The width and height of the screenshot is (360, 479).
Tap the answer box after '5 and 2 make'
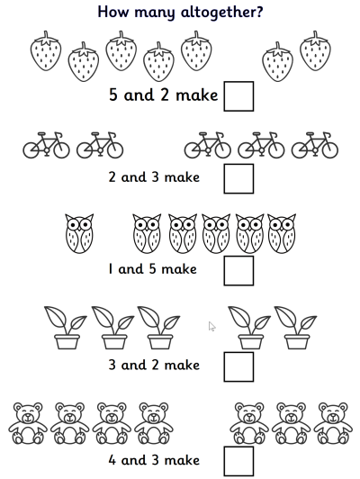(238, 95)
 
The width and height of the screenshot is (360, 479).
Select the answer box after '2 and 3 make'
(238, 177)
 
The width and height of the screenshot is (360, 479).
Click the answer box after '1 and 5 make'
(238, 269)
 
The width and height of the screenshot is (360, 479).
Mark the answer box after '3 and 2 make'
(238, 366)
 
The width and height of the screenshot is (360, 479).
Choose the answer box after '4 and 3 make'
(238, 460)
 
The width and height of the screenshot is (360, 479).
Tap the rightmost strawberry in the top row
(315, 51)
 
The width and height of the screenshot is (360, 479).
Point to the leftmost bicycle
(46, 146)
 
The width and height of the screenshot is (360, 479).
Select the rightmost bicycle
(314, 146)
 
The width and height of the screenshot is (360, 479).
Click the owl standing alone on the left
(79, 233)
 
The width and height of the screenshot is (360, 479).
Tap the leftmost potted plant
(66, 327)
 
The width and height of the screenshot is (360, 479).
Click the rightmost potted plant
(295, 327)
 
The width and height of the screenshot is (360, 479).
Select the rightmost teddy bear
(332, 423)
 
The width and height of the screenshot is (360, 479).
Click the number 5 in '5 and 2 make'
(112, 94)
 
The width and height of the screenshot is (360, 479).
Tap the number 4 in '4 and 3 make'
(112, 460)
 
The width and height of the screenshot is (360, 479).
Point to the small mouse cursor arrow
(211, 326)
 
